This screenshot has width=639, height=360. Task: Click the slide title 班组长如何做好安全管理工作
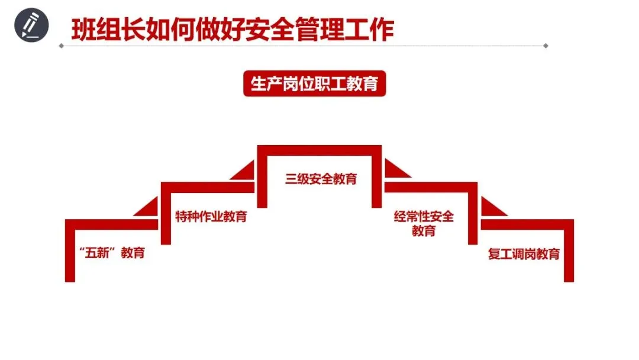(233, 28)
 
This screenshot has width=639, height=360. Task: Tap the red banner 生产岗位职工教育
(314, 84)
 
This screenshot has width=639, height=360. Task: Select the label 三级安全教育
(321, 178)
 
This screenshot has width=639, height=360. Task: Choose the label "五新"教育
(111, 253)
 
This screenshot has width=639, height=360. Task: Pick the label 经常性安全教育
(424, 223)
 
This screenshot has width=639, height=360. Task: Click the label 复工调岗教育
(524, 255)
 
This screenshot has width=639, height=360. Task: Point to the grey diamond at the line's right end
(546, 46)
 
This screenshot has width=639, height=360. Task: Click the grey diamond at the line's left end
(60, 46)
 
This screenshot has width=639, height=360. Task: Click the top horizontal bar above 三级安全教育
(319, 149)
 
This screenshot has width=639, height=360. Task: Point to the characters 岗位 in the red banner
(298, 84)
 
